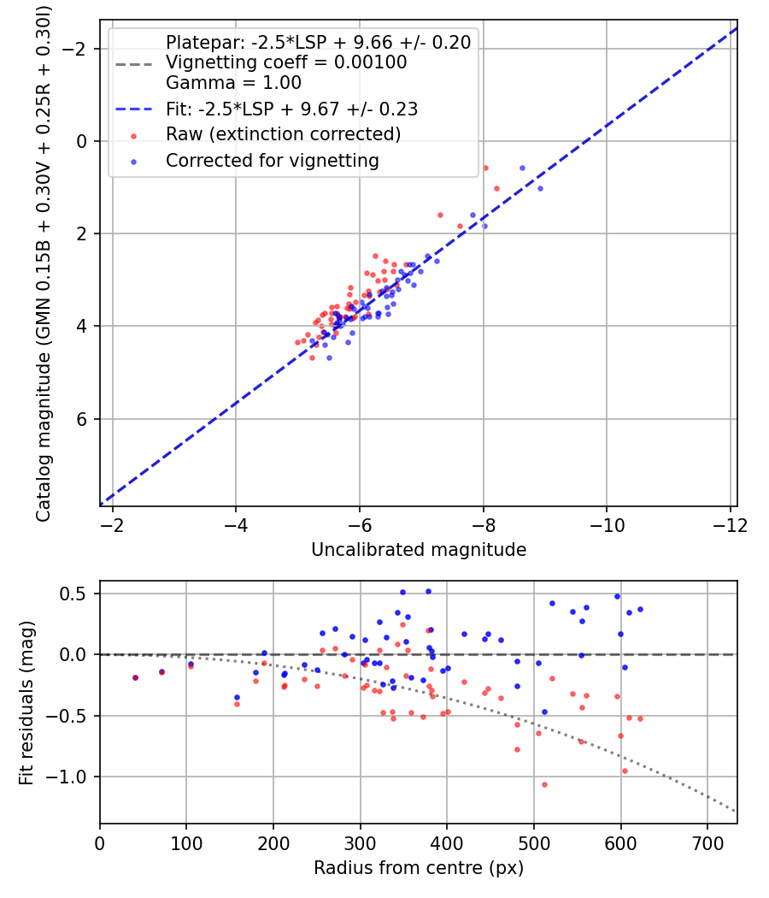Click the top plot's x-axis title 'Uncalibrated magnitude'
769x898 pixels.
click(x=419, y=550)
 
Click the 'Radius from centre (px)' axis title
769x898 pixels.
click(x=419, y=868)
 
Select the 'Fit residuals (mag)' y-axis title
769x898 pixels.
click(x=26, y=703)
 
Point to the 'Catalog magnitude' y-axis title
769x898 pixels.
click(x=44, y=264)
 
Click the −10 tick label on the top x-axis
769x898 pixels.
click(x=607, y=525)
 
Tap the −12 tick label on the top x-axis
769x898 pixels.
click(x=730, y=525)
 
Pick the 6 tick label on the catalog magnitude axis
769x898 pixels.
click(x=81, y=419)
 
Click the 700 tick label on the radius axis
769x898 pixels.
click(x=707, y=843)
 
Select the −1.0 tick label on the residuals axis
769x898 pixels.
click(x=67, y=777)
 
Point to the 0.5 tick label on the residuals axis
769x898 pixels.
click(x=73, y=594)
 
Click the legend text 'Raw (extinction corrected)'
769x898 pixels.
click(x=283, y=134)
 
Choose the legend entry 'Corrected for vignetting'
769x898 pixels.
click(x=273, y=161)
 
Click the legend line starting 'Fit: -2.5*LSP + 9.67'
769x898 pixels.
click(x=292, y=109)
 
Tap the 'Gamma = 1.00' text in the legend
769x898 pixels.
click(x=233, y=83)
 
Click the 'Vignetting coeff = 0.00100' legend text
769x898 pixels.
click(x=286, y=62)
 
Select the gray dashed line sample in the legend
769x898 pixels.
click(x=134, y=64)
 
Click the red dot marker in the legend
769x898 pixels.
click(x=134, y=136)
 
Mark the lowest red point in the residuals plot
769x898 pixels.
click(x=545, y=784)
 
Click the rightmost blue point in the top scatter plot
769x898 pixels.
click(x=540, y=188)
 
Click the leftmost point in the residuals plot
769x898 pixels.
click(x=136, y=677)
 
